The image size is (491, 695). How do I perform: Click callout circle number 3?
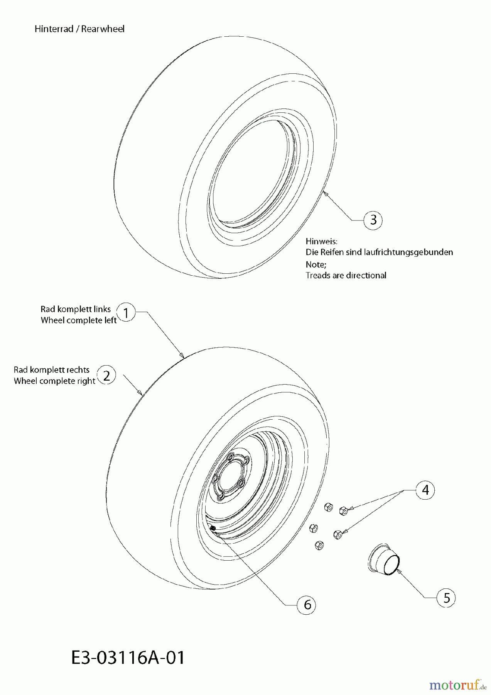coord(373,220)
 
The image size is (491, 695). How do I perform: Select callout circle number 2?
coord(106,375)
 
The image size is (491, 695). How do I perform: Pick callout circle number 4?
coord(425,490)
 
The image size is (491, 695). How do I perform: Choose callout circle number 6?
coord(307,604)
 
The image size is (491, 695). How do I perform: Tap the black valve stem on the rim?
coord(213,529)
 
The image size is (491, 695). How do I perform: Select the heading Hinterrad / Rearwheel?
coord(79,29)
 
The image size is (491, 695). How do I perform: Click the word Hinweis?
coord(322,241)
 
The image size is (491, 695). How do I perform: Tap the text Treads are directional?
coord(346,275)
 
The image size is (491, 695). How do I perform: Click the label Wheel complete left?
coord(79,320)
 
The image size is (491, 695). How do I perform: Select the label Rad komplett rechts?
coord(52,370)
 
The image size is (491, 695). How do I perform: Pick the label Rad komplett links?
coord(76,309)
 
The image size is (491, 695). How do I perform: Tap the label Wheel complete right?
coord(54,381)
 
